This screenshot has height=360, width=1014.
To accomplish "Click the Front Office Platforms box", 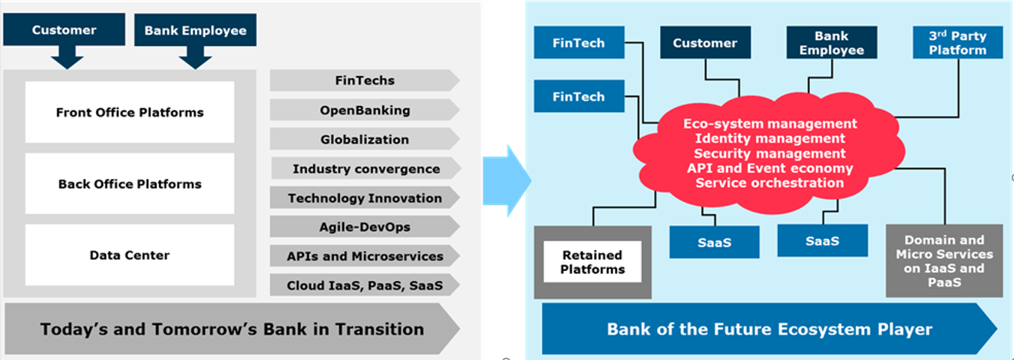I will tap(130, 112).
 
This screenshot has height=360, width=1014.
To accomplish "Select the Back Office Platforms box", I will tap(130, 183).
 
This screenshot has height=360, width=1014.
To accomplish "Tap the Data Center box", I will tap(130, 255).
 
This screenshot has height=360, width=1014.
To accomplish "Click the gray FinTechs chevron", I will tap(365, 81).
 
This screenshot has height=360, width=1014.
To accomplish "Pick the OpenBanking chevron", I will tap(365, 111).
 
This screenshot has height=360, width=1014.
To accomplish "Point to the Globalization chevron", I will tap(365, 140).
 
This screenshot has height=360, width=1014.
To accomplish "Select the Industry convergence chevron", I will tap(365, 169).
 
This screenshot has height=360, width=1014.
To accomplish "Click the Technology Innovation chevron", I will tap(365, 198).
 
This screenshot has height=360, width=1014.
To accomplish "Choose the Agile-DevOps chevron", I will tap(365, 227).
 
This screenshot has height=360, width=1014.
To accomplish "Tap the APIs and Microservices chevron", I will tap(365, 256).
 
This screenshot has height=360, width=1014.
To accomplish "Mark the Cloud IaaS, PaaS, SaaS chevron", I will tap(365, 286).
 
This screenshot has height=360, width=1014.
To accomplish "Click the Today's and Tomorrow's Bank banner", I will tap(231, 329).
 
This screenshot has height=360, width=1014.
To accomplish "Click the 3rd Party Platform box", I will tap(958, 42).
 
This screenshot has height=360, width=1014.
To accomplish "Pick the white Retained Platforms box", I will tap(593, 262).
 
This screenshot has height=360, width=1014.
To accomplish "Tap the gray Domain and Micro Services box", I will tap(944, 261).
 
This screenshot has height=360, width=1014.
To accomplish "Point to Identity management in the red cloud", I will tap(770, 138).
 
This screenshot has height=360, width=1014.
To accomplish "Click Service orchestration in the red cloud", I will tap(770, 183).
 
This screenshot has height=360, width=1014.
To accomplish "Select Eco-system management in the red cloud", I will tap(770, 124).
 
